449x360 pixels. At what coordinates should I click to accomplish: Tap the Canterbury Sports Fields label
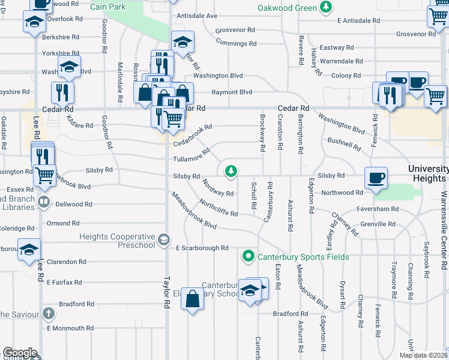click(x=304, y=257)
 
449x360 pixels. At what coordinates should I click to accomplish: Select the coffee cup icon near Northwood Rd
click(x=376, y=178)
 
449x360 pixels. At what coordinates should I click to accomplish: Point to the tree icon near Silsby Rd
click(x=230, y=172)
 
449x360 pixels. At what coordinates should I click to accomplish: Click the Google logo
click(x=20, y=353)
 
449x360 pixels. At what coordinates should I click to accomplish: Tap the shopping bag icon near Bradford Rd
click(x=192, y=299)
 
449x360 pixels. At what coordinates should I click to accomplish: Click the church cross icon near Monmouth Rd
click(x=49, y=313)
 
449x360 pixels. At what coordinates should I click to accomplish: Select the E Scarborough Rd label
click(x=202, y=248)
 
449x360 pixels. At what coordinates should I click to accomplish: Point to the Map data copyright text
click(x=423, y=355)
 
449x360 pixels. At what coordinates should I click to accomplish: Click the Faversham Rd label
click(x=376, y=209)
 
